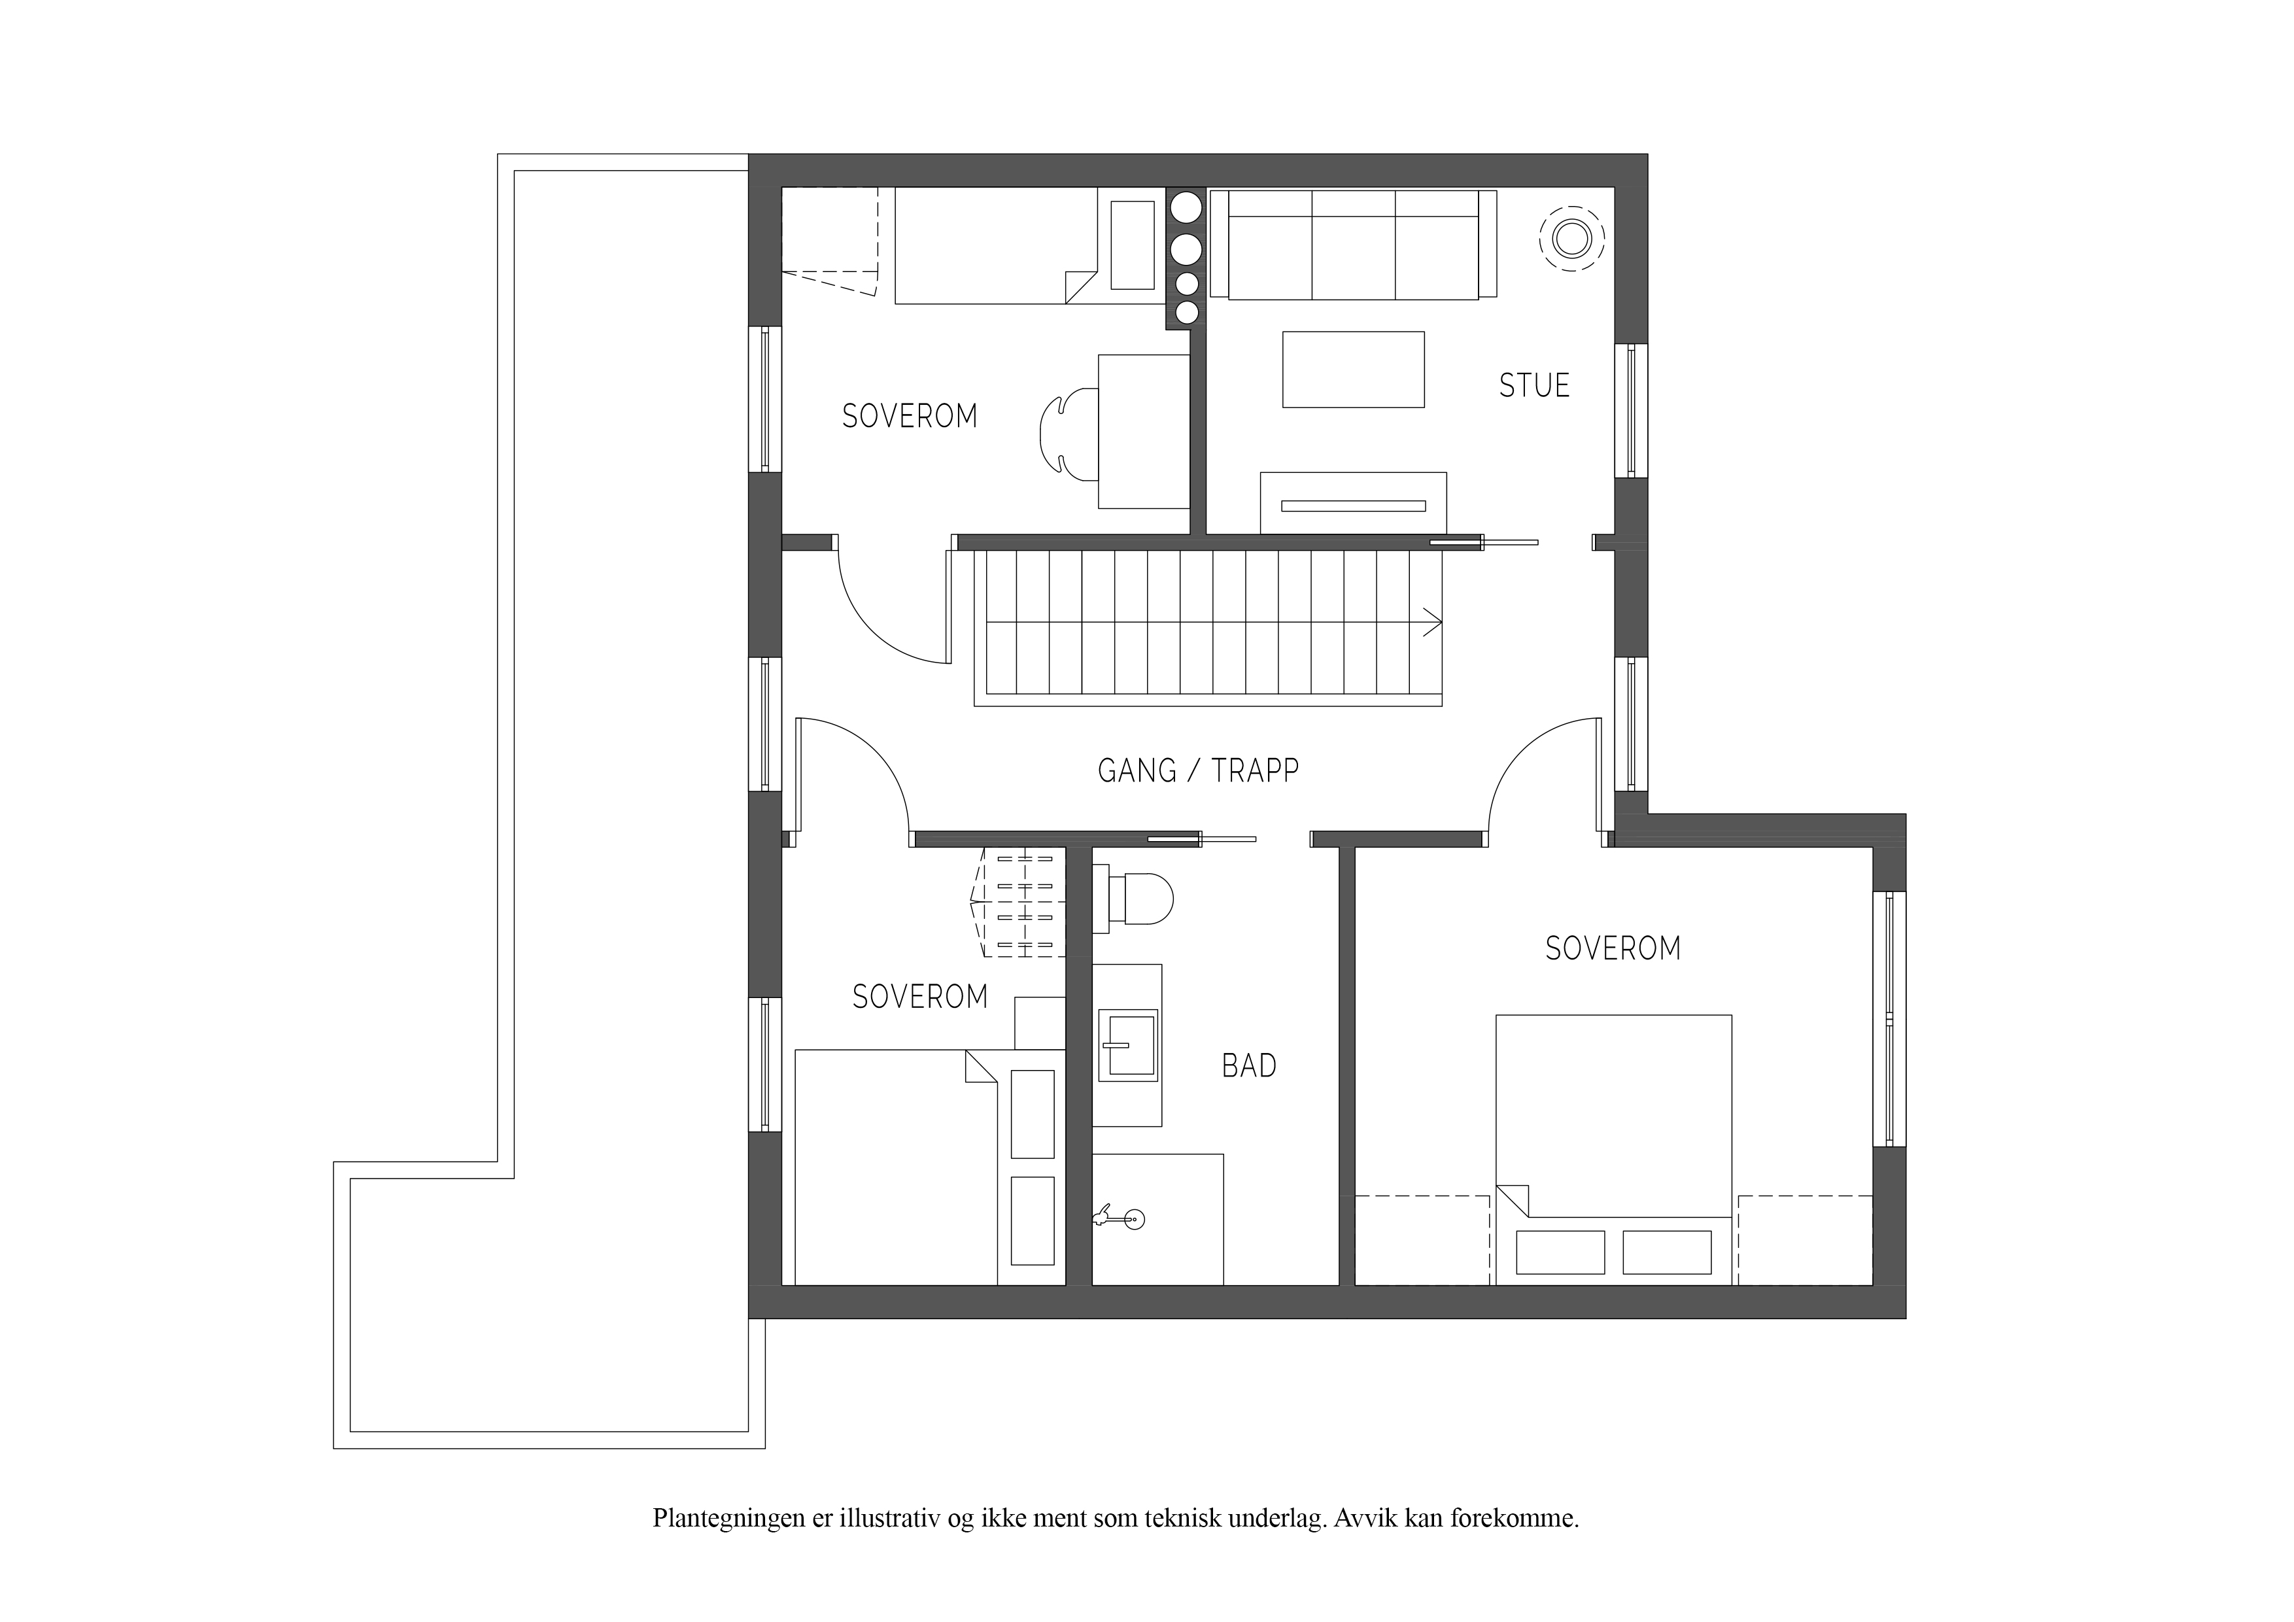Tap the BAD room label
pyautogui.click(x=1249, y=1066)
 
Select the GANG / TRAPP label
pyautogui.click(x=1198, y=770)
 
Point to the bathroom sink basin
pyautogui.click(x=1127, y=1045)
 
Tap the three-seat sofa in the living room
pyautogui.click(x=1353, y=244)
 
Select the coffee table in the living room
pyautogui.click(x=1353, y=370)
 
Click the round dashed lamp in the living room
pyautogui.click(x=1571, y=239)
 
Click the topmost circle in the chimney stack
pyautogui.click(x=1187, y=208)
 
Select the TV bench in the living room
pyautogui.click(x=1353, y=503)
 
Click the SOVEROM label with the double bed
pyautogui.click(x=1613, y=948)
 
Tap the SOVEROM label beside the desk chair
pyautogui.click(x=909, y=416)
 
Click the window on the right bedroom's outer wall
pyautogui.click(x=1889, y=1018)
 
